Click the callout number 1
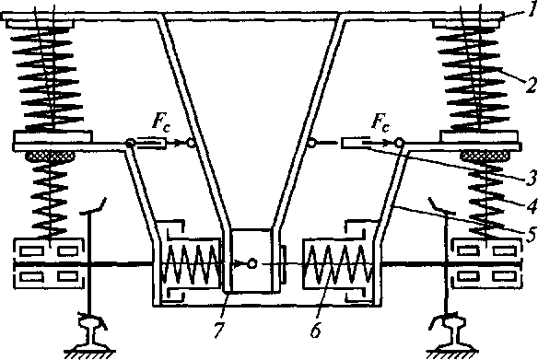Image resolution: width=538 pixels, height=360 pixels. point(532,9)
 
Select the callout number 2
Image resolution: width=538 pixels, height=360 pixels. point(532,86)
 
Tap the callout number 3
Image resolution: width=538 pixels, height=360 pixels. point(532,178)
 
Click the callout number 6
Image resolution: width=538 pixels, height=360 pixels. point(316,331)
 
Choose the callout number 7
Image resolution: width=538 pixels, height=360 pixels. point(219,331)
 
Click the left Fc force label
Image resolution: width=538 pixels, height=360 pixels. point(160,122)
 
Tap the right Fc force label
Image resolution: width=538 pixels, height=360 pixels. point(380,122)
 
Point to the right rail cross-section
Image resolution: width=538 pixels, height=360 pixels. point(450,331)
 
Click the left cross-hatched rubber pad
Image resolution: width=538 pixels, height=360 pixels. point(51,157)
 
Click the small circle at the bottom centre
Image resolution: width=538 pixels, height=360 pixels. point(252,263)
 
